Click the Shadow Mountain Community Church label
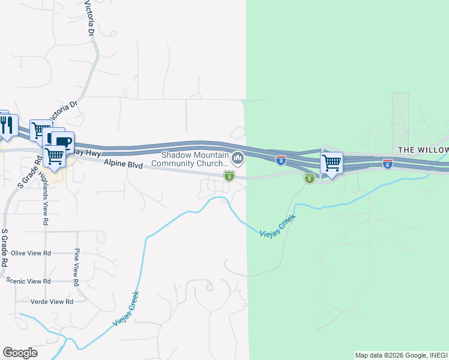tap(190, 158)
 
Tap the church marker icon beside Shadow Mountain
tap(238, 158)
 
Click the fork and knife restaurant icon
tap(5, 124)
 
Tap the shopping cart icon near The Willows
tap(331, 162)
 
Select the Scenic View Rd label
tap(28, 281)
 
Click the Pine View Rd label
tap(76, 267)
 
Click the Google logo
tap(20, 353)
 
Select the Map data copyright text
tap(401, 355)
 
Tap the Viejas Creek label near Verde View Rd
tap(127, 308)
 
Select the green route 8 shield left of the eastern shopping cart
tap(309, 178)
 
